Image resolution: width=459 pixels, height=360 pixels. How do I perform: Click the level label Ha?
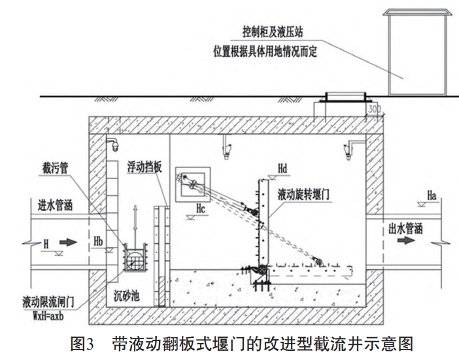pyautogui.click(x=431, y=194)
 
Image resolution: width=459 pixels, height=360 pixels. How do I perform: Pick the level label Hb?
pyautogui.click(x=99, y=240)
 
